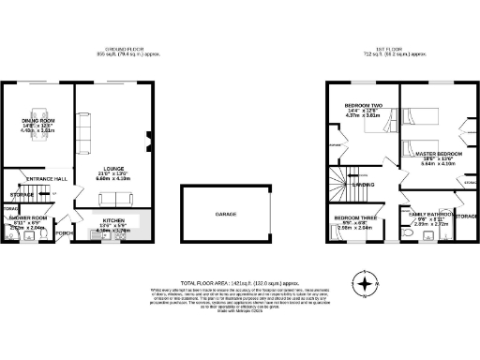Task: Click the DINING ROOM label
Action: [38, 120]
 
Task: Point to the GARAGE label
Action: [226, 215]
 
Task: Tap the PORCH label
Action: [65, 233]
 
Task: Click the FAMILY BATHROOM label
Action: [429, 215]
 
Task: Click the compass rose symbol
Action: [367, 280]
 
